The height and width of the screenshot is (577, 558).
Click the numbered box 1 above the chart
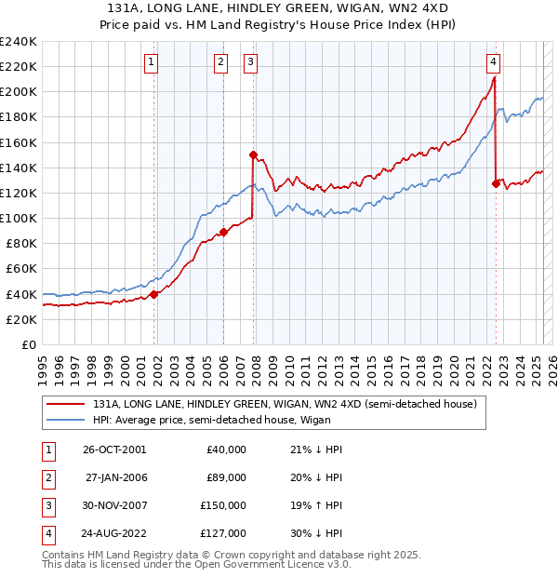coord(151,62)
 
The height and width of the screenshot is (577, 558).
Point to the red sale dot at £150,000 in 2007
coord(253,155)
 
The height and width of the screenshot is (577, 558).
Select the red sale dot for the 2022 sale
coord(496,184)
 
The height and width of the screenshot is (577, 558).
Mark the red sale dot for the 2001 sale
coord(154,294)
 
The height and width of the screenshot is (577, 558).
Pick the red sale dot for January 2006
coord(224,232)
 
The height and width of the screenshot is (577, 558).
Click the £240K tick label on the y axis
coord(19,42)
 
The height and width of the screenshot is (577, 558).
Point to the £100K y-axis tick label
coord(19,218)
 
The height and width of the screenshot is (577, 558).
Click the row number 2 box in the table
coord(46,477)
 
